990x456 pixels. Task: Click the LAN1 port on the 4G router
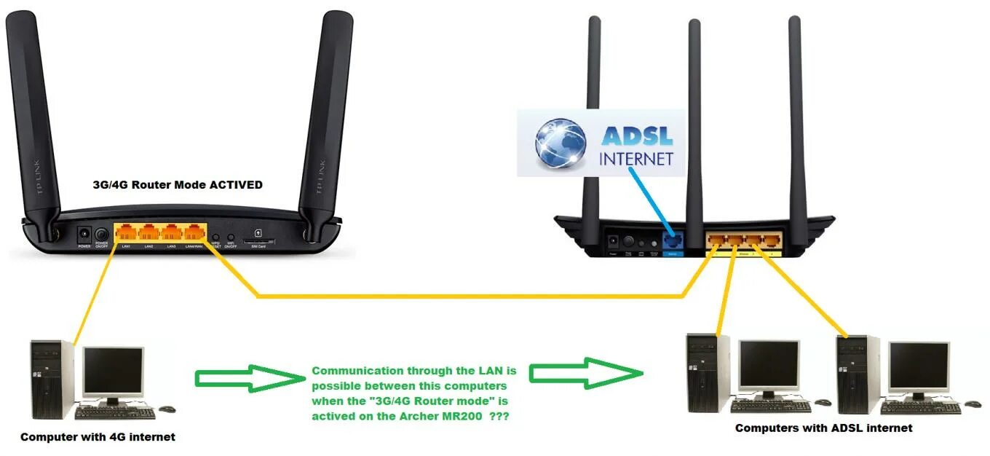pos(127,233)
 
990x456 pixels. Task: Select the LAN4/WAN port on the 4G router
pos(194,233)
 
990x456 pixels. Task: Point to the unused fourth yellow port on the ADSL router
pos(770,240)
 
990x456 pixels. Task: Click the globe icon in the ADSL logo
pos(560,143)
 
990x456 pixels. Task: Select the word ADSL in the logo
pos(636,135)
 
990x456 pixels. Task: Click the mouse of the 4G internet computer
pos(168,409)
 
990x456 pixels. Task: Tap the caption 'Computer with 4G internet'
pos(98,437)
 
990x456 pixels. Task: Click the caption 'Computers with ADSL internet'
pos(823,428)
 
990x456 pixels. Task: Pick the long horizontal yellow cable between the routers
pos(466,296)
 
